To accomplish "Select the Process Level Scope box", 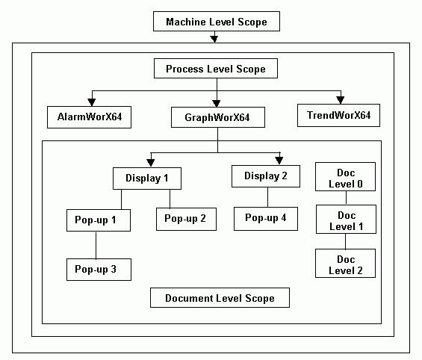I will coord(216,69).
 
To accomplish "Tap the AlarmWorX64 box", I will coord(89,117).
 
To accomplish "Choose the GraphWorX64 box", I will coord(217,117).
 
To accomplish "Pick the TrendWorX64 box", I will coord(338,116).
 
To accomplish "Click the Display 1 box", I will coord(147,179).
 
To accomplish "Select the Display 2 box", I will coord(265,176).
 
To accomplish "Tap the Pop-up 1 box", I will coord(96,221).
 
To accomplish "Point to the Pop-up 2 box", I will coord(181,218).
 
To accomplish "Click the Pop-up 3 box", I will coord(99,269).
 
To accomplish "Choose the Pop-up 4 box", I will coord(267,218).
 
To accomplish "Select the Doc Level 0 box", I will coord(345,178).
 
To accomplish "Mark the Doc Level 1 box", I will coord(345,219).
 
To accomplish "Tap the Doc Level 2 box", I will coord(345,264).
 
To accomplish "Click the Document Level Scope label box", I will coord(219,298).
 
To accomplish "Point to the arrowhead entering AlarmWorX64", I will coord(93,98).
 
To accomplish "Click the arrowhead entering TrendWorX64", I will coord(340,97).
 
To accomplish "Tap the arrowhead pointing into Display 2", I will coord(279,158).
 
